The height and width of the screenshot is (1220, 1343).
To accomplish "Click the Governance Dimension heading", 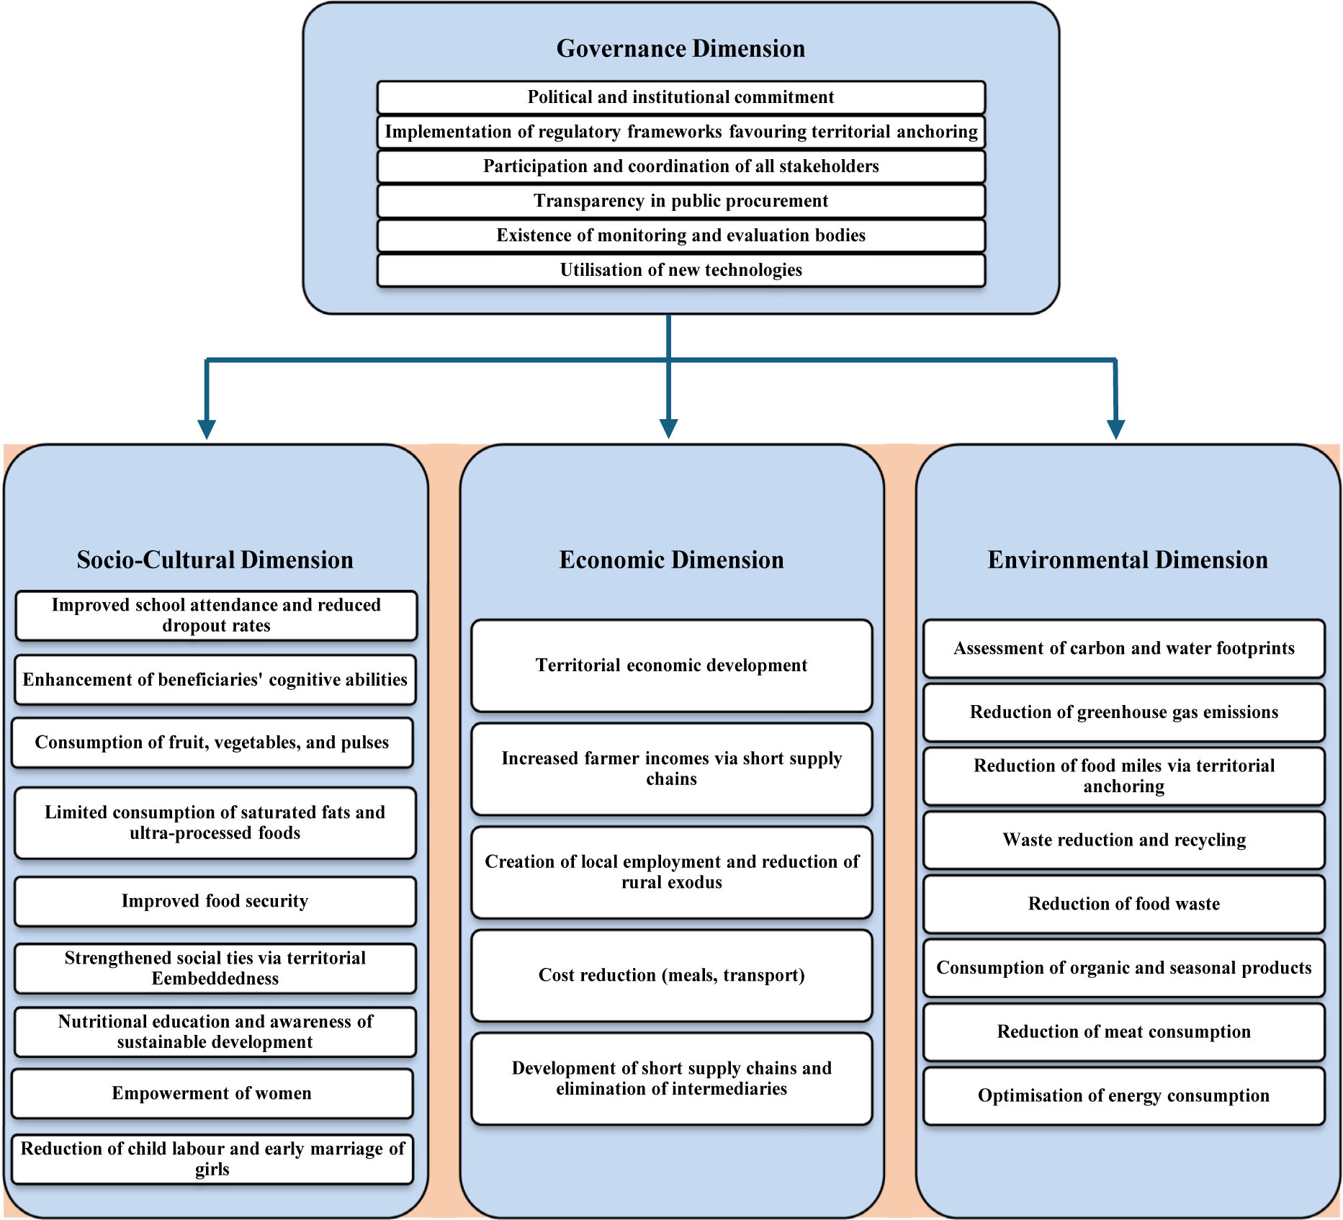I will (x=681, y=49).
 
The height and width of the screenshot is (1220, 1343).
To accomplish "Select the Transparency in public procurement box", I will (x=681, y=201).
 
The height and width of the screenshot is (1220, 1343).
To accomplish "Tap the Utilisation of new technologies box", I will (x=681, y=270).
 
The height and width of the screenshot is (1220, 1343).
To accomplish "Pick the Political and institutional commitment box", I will (x=681, y=97).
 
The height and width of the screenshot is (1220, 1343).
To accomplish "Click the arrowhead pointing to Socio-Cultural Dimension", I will (x=207, y=429).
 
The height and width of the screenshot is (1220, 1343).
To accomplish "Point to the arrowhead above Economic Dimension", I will (x=668, y=429).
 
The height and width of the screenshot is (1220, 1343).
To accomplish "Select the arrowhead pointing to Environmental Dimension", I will (x=1115, y=429).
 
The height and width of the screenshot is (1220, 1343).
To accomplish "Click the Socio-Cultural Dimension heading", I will (x=215, y=560).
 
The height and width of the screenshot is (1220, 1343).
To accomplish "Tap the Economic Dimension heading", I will (x=671, y=560).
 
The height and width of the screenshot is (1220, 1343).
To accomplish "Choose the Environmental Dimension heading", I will (x=1127, y=560).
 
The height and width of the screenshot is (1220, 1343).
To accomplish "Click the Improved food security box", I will (x=215, y=901).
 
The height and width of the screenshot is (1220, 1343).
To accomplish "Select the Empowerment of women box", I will (x=212, y=1093).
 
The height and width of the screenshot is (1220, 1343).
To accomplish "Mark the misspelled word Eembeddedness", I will (x=215, y=979).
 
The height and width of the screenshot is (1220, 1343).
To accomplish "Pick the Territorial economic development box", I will (x=671, y=665).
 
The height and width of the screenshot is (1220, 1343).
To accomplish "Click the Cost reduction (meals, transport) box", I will (x=671, y=975).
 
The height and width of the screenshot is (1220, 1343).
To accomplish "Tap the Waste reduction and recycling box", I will (x=1123, y=840).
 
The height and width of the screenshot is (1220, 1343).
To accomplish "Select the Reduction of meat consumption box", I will (x=1123, y=1031).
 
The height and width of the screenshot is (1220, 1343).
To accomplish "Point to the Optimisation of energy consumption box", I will (x=1123, y=1095).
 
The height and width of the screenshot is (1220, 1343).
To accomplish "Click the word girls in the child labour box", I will (x=212, y=1170).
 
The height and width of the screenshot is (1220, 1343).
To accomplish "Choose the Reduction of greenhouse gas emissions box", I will (x=1123, y=712).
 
